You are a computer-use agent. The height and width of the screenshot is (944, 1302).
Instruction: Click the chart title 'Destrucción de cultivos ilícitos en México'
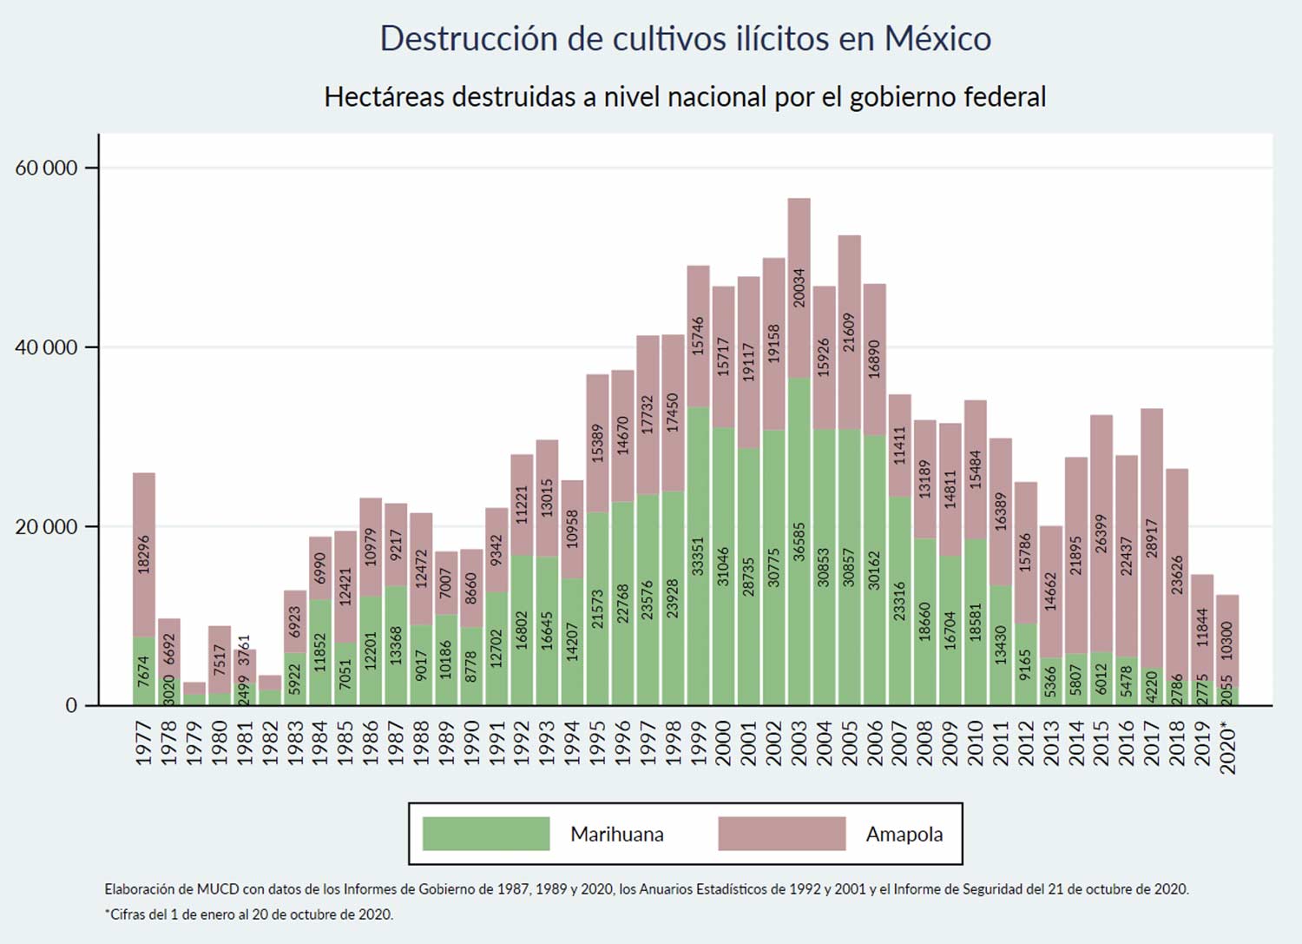tap(685, 39)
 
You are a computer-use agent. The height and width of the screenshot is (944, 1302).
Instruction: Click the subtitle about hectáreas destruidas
tap(685, 96)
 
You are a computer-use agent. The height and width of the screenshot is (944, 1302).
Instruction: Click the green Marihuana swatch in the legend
tap(486, 834)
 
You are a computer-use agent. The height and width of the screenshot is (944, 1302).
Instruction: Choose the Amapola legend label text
tap(904, 835)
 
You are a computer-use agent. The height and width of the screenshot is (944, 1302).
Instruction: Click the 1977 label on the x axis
tap(144, 743)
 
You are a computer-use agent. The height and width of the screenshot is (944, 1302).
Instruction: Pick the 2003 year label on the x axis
tap(799, 743)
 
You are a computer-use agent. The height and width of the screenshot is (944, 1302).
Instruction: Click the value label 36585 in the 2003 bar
tap(799, 541)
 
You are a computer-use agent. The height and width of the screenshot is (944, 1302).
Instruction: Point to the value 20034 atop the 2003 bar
tap(799, 287)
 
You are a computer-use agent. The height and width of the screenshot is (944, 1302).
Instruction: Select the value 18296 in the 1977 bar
tap(144, 554)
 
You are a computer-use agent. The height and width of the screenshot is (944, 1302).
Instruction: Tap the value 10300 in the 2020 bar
tap(1226, 641)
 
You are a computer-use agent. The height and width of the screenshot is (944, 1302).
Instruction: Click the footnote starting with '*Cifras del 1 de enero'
tap(249, 914)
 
